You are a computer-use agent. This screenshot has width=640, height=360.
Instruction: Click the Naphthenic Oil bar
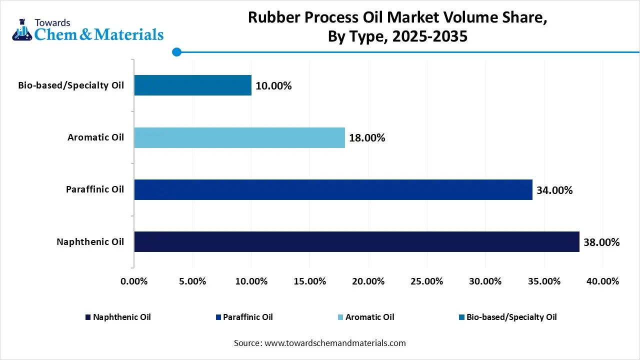point(356,241)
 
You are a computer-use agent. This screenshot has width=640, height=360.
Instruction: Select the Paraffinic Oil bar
point(333,189)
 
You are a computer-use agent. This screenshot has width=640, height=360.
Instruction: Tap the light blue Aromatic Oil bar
point(239,137)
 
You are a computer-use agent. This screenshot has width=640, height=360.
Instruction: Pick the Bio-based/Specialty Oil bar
point(192,85)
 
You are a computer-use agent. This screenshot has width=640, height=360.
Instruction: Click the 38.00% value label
point(601,242)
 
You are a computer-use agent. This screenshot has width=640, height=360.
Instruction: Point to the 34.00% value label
point(554,190)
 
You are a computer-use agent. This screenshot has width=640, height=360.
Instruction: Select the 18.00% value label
point(367,138)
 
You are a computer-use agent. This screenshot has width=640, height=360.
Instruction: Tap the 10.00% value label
point(273,85)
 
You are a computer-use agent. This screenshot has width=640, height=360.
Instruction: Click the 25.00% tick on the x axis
point(427,281)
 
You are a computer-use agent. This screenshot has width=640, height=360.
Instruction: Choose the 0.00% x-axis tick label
point(134,281)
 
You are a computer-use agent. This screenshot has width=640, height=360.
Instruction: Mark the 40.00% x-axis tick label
point(602,281)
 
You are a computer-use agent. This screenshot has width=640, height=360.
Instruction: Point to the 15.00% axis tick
point(310,281)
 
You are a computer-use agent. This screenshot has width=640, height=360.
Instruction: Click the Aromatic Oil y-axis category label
point(95,137)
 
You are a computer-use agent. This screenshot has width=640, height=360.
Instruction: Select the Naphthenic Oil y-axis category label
point(90,242)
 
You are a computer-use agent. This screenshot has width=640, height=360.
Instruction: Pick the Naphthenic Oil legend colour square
point(88,317)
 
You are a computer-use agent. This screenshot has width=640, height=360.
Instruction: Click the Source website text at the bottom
point(320,343)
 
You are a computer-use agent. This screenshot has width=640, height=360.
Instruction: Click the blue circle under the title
point(176,51)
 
